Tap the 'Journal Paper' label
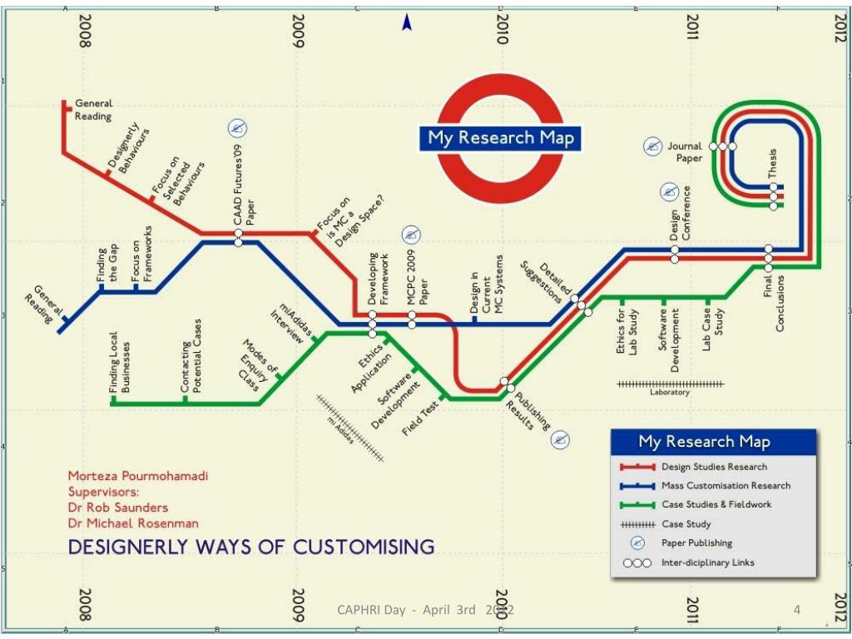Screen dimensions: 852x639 click(x=684, y=151)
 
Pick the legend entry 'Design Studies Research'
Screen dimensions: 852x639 click(x=714, y=467)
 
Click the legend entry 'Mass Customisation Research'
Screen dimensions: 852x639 click(x=726, y=485)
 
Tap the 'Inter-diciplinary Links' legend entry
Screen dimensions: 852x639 click(x=707, y=562)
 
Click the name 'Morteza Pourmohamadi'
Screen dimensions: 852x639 click(x=138, y=476)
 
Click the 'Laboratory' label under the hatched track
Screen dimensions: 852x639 click(x=670, y=393)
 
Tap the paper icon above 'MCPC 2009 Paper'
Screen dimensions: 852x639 click(x=411, y=234)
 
